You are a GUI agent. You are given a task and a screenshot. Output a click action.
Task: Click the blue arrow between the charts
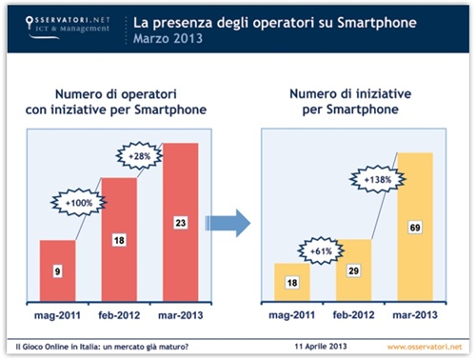coord(229,224)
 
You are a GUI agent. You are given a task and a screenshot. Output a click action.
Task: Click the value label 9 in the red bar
coord(58,273)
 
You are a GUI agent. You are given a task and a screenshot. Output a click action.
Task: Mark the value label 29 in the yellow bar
coord(353,272)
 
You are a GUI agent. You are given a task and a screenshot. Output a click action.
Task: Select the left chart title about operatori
coord(119,102)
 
